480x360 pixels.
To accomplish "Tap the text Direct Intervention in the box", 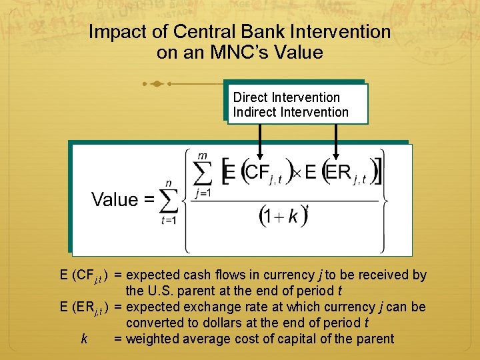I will coord(287,97).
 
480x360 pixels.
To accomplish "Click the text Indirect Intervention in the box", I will coord(291,112).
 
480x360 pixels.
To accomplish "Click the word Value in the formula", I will coord(115,199).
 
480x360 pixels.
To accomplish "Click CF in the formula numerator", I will coord(256,173).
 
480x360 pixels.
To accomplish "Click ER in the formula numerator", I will coord(338,173).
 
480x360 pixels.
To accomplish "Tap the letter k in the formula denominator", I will coord(292,218).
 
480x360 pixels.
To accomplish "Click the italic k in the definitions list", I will coord(84,339).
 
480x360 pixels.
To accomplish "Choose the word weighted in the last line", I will coord(153,339).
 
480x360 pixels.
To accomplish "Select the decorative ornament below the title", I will coord(157,84).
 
